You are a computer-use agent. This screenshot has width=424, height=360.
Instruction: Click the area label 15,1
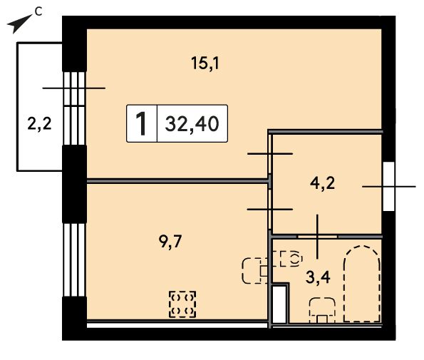pos(205,63)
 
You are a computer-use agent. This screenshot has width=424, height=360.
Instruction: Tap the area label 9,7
pos(170,241)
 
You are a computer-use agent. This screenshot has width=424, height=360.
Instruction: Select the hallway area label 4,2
pos(322,183)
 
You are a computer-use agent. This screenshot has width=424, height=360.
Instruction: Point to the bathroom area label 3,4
pos(318,277)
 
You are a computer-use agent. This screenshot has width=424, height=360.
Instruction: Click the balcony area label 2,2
pos(39,124)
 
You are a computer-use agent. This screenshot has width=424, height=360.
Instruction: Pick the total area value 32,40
pos(192,123)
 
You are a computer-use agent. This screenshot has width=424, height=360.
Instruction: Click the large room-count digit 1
pos(141,123)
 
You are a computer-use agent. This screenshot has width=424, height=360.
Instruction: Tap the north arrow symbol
pos(19,24)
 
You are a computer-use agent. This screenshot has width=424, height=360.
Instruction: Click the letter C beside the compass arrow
pos(38,11)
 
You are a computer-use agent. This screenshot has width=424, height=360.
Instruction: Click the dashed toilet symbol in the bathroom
pos(291,259)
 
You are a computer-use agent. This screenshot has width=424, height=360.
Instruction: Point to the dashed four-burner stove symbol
pos(182,304)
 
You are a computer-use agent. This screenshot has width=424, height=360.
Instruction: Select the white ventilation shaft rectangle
pos(279,304)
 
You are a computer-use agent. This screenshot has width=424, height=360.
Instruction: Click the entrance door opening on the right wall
pos(389,186)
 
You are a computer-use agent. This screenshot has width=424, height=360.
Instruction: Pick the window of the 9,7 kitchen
pos(74,259)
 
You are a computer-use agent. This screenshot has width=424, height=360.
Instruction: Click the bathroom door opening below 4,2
pos(317,237)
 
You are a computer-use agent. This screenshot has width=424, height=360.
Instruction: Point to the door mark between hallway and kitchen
pos(270,210)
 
